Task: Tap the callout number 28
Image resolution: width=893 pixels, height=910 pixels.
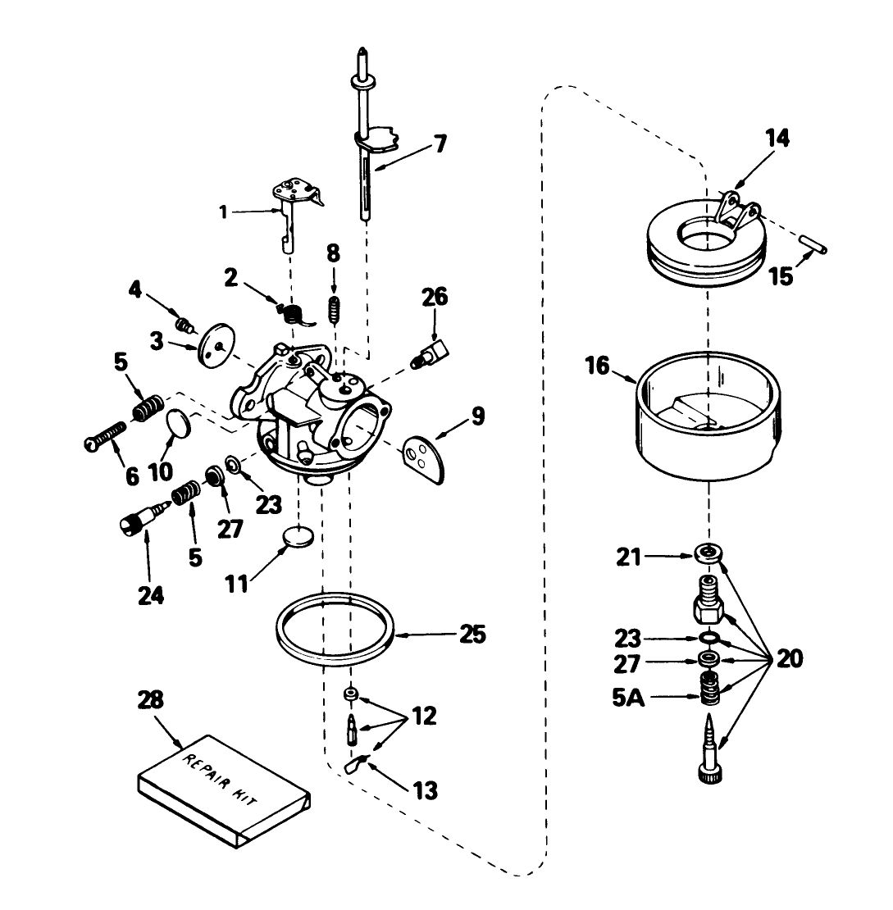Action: [x=151, y=701]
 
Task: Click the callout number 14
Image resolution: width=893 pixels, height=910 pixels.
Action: [x=777, y=139]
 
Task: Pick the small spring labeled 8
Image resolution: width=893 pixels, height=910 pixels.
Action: [x=334, y=311]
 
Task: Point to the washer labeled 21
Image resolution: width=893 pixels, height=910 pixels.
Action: [x=708, y=553]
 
